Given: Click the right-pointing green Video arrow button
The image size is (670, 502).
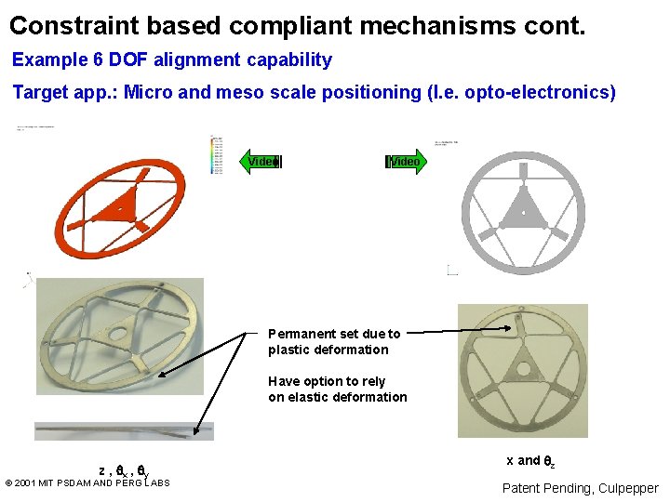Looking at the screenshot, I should point(404,162).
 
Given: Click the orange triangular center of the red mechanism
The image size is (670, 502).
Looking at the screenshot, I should point(122,205).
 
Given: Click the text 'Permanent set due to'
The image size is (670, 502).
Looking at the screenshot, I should point(334,334).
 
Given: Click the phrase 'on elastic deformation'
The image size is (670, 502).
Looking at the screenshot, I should point(338,397).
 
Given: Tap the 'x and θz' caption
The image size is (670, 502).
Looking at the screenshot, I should point(530,461).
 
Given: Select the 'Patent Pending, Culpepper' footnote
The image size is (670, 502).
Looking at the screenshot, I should point(580,488).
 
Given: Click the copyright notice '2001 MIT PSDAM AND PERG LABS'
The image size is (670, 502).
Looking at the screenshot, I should point(92,482).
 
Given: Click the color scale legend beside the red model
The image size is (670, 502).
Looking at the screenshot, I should point(218,154).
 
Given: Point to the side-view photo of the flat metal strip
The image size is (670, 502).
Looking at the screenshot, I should point(124,430).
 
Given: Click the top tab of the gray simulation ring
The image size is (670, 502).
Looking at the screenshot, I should point(523,170).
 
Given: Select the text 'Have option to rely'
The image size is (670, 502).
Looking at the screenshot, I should point(327,381).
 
